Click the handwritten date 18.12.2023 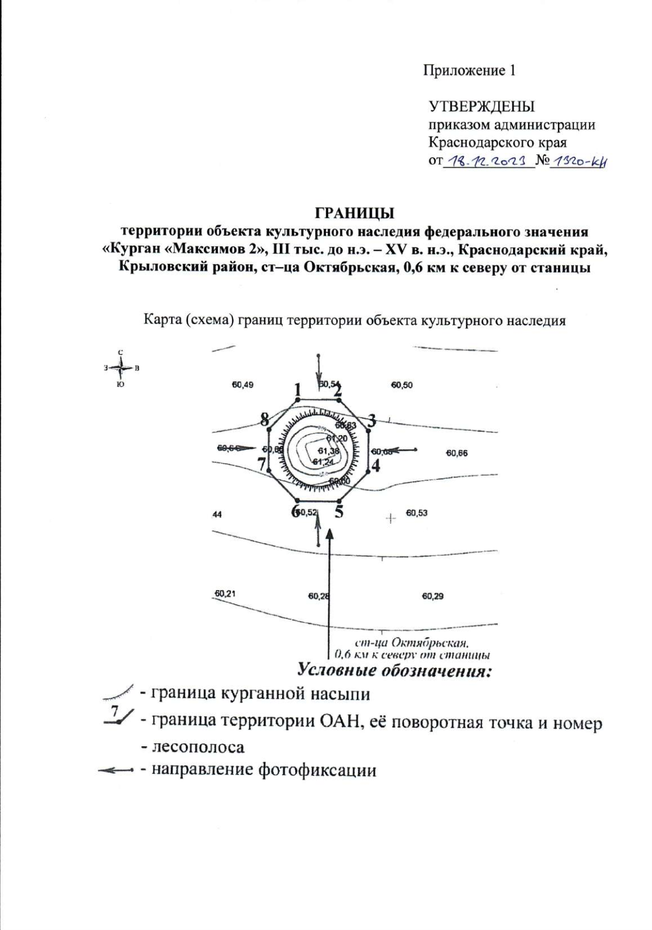(x=487, y=162)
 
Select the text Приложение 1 (x=469, y=71)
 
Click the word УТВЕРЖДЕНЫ (x=481, y=106)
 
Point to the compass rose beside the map (x=121, y=368)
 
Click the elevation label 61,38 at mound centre (x=329, y=451)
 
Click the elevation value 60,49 (x=242, y=385)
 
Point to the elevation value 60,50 (x=402, y=385)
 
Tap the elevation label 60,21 (x=225, y=593)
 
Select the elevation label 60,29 (x=432, y=596)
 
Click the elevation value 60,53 (x=417, y=513)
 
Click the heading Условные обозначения (x=394, y=670)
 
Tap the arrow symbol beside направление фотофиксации (x=115, y=770)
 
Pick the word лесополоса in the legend (x=198, y=747)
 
